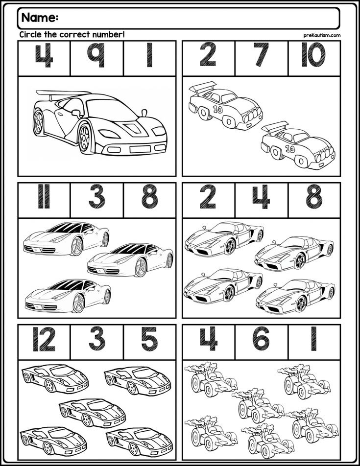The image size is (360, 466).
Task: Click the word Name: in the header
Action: point(40,18)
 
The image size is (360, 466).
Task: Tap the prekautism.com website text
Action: point(322,35)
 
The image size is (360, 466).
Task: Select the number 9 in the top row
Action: point(96,55)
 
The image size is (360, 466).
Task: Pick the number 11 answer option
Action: point(44,196)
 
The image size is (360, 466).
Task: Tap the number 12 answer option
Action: point(44,339)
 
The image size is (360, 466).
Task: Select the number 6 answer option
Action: point(261,339)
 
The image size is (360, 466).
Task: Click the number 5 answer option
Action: point(149,339)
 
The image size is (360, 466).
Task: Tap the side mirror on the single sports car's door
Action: point(76,113)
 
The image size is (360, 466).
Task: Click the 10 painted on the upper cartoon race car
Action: point(218,109)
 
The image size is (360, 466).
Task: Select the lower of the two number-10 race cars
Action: point(298,145)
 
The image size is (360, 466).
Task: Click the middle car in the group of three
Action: point(130,260)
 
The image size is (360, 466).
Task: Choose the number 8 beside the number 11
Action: point(149,196)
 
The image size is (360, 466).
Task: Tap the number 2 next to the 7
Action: point(208,55)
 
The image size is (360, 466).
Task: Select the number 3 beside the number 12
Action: point(97,339)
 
